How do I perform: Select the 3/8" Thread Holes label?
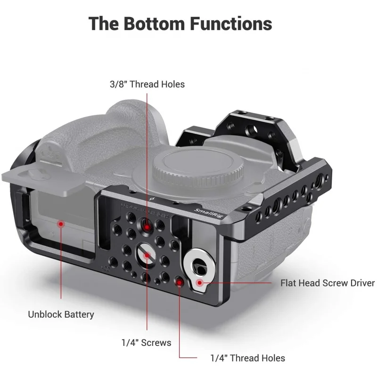pyautogui.click(x=147, y=84)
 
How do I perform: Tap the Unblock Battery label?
pyautogui.click(x=61, y=314)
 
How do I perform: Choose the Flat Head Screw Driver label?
pyautogui.click(x=328, y=283)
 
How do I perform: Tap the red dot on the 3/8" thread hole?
pyautogui.click(x=147, y=227)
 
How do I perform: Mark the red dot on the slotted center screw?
pyautogui.click(x=148, y=255)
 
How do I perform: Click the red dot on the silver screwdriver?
pyautogui.click(x=200, y=283)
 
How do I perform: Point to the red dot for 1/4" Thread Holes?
pyautogui.click(x=180, y=282)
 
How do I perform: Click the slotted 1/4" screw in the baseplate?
pyautogui.click(x=147, y=255)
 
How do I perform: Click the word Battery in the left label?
pyautogui.click(x=78, y=314)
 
